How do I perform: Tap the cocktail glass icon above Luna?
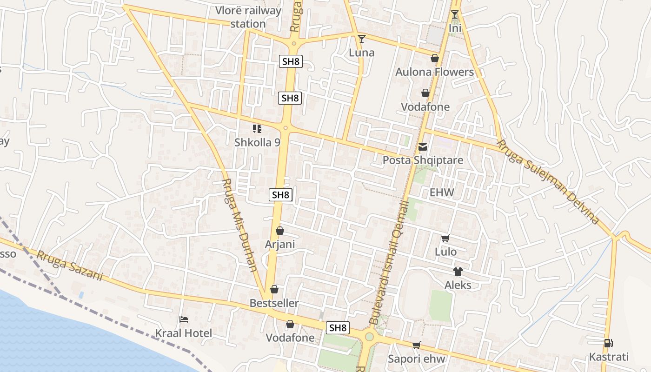coord(362,39)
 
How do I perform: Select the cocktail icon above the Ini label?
coord(455,15)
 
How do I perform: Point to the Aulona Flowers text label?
coord(434,72)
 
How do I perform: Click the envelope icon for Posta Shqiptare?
coord(422,147)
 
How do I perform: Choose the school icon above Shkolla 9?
coord(257,129)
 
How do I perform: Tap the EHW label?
coord(442,193)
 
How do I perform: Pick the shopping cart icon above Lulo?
coord(445,239)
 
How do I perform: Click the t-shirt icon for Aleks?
coord(458,272)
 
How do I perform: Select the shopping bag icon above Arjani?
coord(280,231)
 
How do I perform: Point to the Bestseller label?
coord(274,303)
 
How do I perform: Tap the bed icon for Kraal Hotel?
coord(184,320)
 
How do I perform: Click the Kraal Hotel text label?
coord(183,333)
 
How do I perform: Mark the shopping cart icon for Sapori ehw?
coord(417,345)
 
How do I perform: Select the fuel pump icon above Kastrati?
coord(608,344)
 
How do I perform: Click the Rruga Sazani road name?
coord(70,266)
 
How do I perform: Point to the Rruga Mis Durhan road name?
coord(240,225)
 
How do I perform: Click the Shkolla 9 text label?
coord(257,142)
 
